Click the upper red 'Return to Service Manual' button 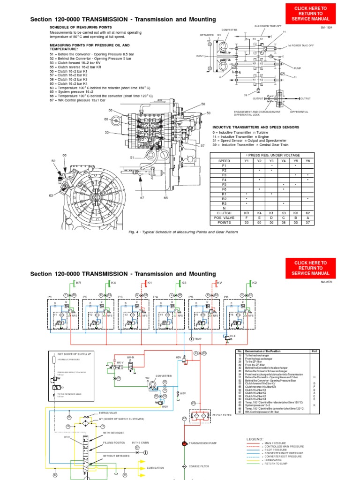310,14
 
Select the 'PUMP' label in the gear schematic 296,68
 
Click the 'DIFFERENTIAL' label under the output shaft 299,112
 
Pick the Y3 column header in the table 271,160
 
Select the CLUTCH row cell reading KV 295,213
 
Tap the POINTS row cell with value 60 259,223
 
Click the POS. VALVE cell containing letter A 307,218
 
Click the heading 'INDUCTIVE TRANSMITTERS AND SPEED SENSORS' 256,127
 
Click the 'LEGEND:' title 255,439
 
